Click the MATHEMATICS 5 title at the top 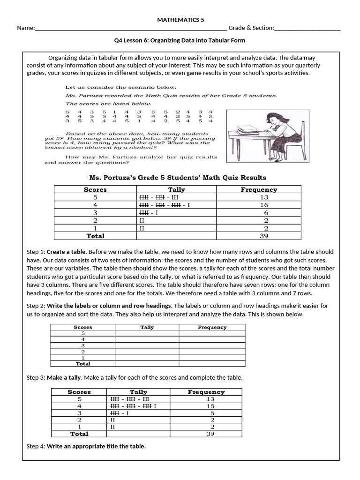[180, 20]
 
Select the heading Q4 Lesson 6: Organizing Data [180, 40]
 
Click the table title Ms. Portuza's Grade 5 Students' [178, 178]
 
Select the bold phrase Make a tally [64, 377]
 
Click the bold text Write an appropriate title [96, 446]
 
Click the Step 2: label [36, 306]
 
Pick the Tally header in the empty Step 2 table [147, 328]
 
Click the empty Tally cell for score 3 [147, 345]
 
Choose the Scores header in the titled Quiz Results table [95, 190]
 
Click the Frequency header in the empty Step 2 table [212, 328]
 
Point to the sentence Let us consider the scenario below [121, 87]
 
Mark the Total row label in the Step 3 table [79, 434]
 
